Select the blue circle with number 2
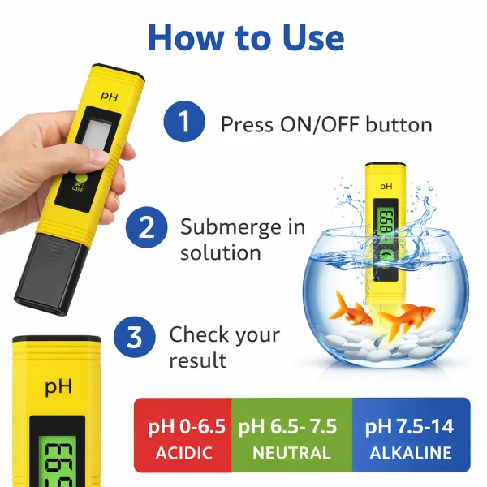pyautogui.click(x=147, y=226)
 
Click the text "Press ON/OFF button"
pyautogui.click(x=326, y=124)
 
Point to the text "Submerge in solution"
pyautogui.click(x=243, y=239)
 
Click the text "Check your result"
pyautogui.click(x=224, y=347)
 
